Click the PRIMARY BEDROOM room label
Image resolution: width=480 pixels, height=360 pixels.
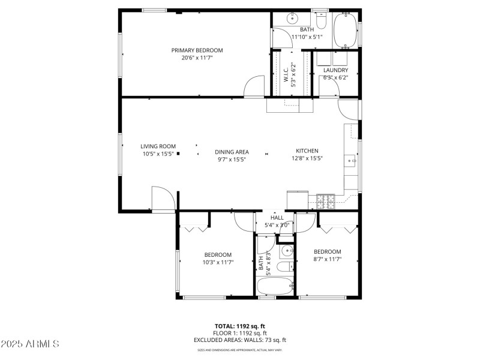click(x=197, y=50)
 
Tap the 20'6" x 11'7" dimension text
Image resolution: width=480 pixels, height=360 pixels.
click(x=197, y=58)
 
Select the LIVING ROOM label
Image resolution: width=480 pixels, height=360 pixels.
click(x=158, y=146)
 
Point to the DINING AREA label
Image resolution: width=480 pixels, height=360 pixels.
click(x=232, y=152)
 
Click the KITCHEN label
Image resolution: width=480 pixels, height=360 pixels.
click(x=307, y=151)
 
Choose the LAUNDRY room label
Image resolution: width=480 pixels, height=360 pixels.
click(x=335, y=70)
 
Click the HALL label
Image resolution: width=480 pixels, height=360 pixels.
click(x=277, y=218)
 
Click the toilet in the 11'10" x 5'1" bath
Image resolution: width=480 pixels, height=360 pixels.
click(x=321, y=22)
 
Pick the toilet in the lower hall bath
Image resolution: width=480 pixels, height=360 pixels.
click(x=287, y=266)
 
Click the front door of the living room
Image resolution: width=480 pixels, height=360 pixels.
click(x=163, y=200)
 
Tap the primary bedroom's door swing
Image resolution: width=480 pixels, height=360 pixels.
click(x=254, y=86)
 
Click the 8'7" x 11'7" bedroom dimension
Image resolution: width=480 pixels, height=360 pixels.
click(x=327, y=259)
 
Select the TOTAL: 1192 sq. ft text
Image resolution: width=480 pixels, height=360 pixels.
click(x=240, y=326)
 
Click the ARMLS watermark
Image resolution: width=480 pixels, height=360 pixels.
click(x=30, y=344)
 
